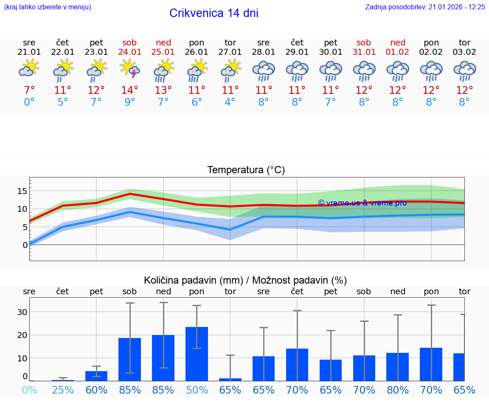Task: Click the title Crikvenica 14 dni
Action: pyautogui.click(x=214, y=13)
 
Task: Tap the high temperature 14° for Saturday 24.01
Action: pyautogui.click(x=130, y=90)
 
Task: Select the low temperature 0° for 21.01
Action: pyautogui.click(x=29, y=102)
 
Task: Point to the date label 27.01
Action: pyautogui.click(x=230, y=52)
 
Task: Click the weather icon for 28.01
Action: pyautogui.click(x=264, y=71)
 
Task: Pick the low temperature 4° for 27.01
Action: pyautogui.click(x=230, y=102)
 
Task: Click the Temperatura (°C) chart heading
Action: pyautogui.click(x=246, y=170)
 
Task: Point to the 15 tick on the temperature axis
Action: pyautogui.click(x=22, y=191)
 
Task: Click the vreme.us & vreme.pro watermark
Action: pyautogui.click(x=362, y=203)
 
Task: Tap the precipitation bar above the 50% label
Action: pyautogui.click(x=197, y=354)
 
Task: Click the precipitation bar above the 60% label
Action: pyautogui.click(x=96, y=376)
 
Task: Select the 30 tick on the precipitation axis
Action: pyautogui.click(x=22, y=312)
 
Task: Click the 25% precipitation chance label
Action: pyautogui.click(x=63, y=390)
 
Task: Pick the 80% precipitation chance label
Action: pyautogui.click(x=398, y=390)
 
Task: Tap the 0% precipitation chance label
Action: pyautogui.click(x=29, y=390)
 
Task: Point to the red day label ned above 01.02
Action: pyautogui.click(x=398, y=42)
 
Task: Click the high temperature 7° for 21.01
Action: pyautogui.click(x=29, y=90)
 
